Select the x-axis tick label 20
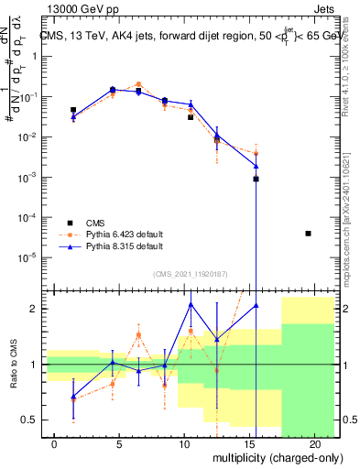pyautogui.click(x=321, y=442)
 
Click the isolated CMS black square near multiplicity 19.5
pyautogui.click(x=308, y=234)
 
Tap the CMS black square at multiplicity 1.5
pyautogui.click(x=73, y=110)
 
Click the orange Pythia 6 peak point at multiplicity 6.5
pyautogui.click(x=138, y=84)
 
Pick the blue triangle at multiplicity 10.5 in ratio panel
pyautogui.click(x=191, y=304)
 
